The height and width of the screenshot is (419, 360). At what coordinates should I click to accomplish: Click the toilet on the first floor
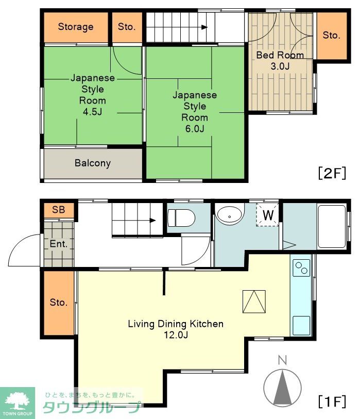tap(181, 218)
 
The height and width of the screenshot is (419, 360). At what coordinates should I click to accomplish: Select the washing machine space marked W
tap(268, 215)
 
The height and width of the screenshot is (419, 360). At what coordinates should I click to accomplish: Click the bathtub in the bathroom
tap(332, 227)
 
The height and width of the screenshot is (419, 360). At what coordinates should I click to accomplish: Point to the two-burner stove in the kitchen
tap(301, 268)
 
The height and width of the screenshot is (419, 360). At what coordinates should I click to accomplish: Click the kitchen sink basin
tap(301, 326)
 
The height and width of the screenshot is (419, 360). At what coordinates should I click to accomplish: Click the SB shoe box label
tap(59, 210)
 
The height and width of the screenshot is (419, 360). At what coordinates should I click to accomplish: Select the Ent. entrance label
tap(58, 244)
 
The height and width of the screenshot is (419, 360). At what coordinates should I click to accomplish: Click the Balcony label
tap(93, 163)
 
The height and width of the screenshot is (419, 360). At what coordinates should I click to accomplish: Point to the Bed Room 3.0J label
tap(280, 60)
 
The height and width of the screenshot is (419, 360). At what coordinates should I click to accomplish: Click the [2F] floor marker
tap(332, 173)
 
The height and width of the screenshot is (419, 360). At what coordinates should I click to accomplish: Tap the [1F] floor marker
tap(332, 401)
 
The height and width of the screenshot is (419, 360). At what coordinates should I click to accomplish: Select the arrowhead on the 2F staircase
tap(204, 27)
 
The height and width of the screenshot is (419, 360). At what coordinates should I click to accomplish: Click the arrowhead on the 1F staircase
tap(153, 221)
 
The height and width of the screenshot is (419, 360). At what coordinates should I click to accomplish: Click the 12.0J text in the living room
tap(176, 335)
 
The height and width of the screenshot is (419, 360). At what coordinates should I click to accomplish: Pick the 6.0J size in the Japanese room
tap(195, 129)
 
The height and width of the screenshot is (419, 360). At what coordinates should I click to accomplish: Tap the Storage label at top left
tap(76, 27)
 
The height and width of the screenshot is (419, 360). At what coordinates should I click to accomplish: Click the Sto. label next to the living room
tap(59, 303)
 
